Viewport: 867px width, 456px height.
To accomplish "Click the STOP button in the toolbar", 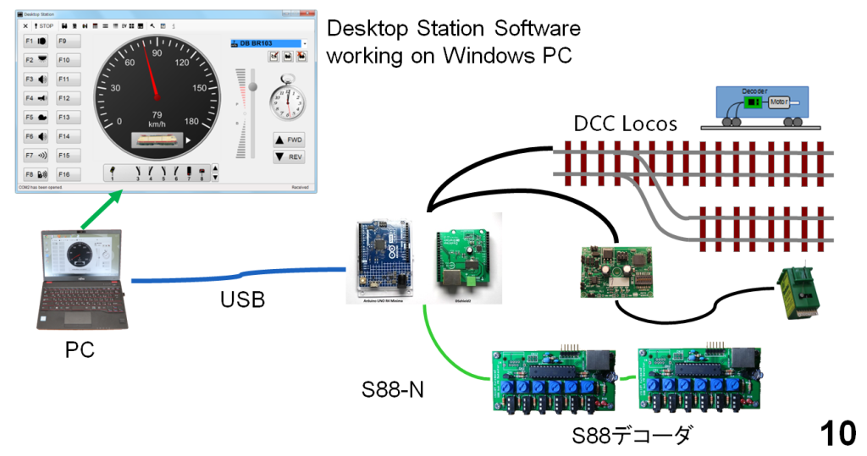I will (43, 26).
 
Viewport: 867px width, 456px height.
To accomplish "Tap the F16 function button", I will (69, 174).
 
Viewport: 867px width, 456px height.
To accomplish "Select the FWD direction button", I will (289, 140).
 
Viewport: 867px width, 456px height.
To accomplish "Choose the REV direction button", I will (289, 157).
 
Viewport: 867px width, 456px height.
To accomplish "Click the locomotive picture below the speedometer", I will (157, 140).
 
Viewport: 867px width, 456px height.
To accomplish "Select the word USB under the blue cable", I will (242, 299).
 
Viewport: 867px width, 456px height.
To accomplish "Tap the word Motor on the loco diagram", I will (779, 103).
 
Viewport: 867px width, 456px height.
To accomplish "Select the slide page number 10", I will (837, 433).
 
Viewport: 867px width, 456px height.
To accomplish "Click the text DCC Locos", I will (625, 124).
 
